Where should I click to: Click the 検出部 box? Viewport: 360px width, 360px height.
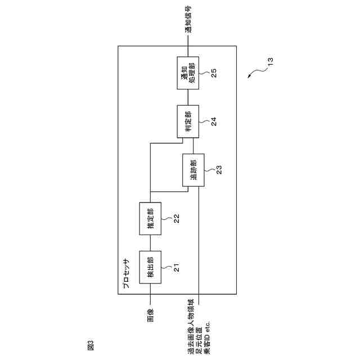[x=150, y=267]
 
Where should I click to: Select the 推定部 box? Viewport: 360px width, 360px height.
[x=150, y=219]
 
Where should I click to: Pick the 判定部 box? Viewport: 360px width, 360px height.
[x=188, y=121]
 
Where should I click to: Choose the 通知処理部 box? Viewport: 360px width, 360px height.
[x=188, y=73]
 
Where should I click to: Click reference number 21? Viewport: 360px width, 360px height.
[x=177, y=269]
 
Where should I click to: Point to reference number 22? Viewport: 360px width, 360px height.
[x=177, y=220]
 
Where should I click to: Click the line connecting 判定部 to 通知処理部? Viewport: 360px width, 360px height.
[x=188, y=97]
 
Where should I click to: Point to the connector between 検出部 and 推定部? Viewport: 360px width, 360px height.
[x=150, y=243]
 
